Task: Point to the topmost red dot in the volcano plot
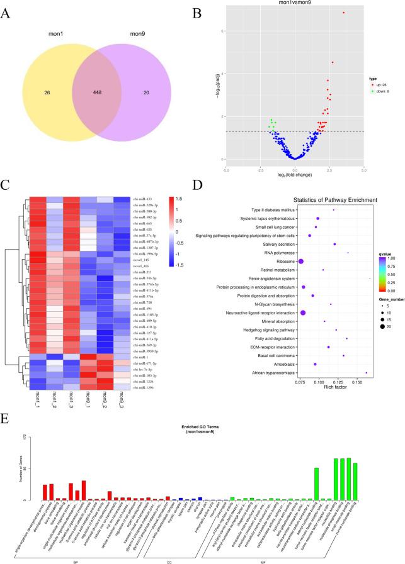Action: pos(344,13)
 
